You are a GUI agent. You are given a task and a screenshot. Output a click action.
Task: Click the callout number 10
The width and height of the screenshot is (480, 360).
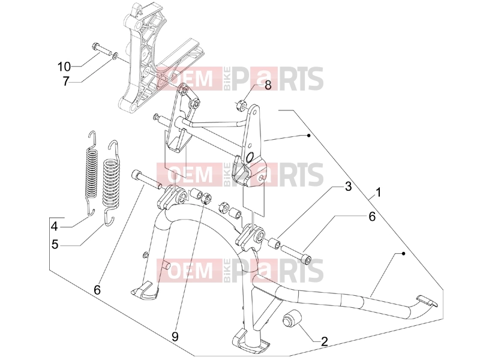pos(64,67)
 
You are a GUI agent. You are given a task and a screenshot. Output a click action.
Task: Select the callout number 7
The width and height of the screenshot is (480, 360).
pos(66,82)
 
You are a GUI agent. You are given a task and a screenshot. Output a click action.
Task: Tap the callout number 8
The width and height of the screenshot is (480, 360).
pos(268,85)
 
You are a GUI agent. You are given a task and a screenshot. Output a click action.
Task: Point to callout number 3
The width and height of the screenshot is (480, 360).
pos(349,187)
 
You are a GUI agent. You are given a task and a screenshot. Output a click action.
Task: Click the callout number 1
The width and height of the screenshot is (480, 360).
pos(379,193)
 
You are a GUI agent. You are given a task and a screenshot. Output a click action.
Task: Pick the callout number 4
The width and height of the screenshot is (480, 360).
pos(55,227)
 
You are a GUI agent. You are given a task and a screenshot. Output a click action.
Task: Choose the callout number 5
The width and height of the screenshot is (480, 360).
pos(55,245)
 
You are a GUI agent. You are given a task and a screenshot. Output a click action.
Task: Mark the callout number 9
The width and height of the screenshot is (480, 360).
pos(175,337)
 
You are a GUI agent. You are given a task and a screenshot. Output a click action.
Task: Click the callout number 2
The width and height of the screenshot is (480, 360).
pos(324,341)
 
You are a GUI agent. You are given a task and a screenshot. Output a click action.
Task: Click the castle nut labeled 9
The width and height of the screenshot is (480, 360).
pos(206,198)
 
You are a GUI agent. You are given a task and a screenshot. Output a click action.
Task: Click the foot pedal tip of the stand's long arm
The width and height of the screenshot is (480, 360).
pos(427,301)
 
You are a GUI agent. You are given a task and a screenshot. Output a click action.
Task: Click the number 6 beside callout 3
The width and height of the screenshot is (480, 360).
pos(371,217)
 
